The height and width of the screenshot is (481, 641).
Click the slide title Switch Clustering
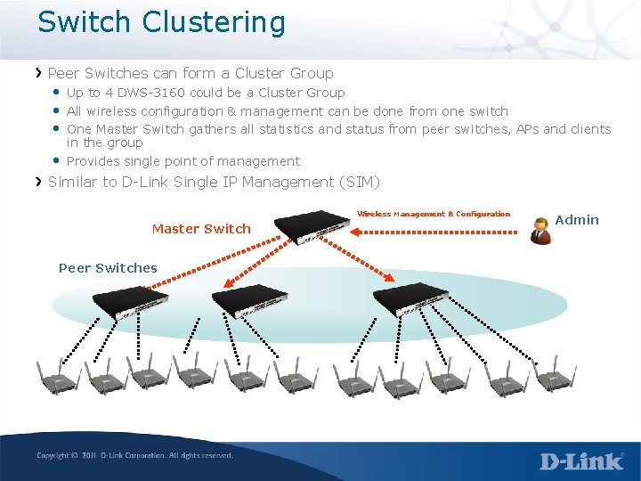click(x=161, y=22)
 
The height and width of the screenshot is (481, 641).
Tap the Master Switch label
click(x=201, y=229)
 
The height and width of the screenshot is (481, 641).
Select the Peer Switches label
click(x=108, y=268)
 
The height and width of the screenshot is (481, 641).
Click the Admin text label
click(x=577, y=220)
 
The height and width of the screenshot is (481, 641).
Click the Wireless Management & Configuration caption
click(x=434, y=214)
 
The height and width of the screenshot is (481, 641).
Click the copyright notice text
click(x=134, y=455)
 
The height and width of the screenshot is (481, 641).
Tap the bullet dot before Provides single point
click(x=56, y=160)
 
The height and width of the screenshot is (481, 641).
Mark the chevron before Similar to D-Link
click(x=38, y=182)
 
